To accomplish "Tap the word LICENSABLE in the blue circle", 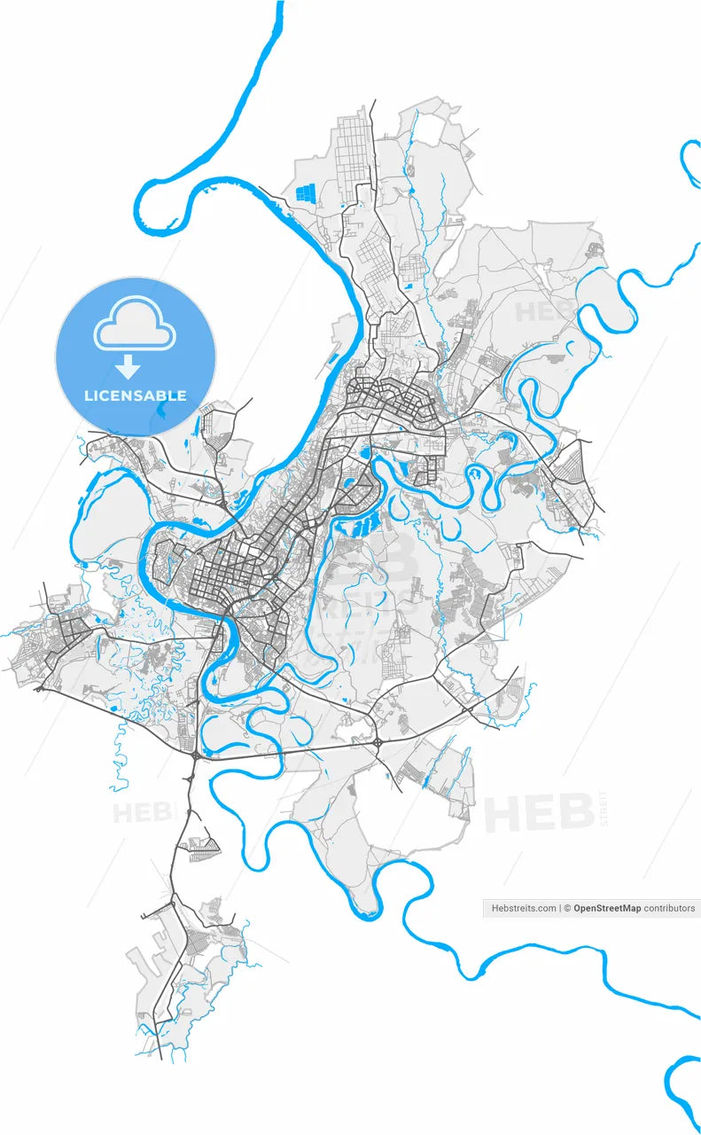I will [x=136, y=395].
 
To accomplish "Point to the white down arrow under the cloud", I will [x=130, y=365].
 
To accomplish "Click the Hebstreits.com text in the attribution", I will [x=524, y=908].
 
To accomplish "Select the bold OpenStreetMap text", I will [x=607, y=908].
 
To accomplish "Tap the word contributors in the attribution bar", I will [x=669, y=908].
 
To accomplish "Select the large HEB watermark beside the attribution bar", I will [x=538, y=813].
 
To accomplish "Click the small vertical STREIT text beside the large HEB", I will [x=604, y=808].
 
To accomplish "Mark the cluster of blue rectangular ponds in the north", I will [x=306, y=192].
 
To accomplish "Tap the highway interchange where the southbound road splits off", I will [x=194, y=755].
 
